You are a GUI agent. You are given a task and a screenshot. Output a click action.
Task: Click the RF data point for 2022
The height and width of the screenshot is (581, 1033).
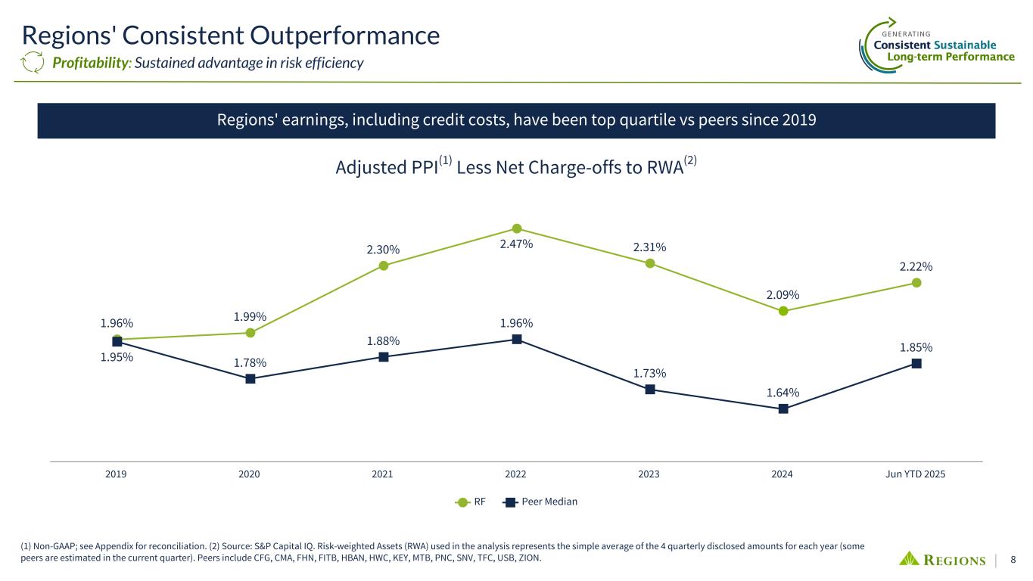(517, 228)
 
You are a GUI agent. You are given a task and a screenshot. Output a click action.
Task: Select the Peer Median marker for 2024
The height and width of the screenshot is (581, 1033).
(783, 409)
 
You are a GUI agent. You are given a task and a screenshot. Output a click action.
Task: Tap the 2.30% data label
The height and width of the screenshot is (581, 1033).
(384, 250)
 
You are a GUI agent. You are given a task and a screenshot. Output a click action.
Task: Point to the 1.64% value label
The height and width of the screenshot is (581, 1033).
(783, 392)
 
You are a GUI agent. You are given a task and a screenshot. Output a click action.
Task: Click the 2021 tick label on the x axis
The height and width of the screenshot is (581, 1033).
(382, 474)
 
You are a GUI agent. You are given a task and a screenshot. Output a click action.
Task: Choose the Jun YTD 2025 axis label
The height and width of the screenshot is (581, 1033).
(916, 474)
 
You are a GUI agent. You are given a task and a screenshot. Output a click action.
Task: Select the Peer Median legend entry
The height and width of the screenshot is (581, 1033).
(542, 502)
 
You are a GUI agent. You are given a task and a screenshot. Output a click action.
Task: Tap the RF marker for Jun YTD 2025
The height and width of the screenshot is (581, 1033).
(916, 283)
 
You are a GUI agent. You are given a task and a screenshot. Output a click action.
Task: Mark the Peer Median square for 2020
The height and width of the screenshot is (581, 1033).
(250, 379)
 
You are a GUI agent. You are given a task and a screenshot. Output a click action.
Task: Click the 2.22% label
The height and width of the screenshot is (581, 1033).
(916, 266)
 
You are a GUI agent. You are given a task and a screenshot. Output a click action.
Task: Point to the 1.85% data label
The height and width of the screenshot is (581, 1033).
(916, 347)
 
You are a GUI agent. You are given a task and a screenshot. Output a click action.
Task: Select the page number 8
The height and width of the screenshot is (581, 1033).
(1013, 561)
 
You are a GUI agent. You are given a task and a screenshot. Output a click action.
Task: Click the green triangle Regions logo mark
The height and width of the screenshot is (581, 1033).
(909, 559)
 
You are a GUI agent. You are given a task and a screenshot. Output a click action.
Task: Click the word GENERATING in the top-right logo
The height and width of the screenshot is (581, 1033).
(907, 33)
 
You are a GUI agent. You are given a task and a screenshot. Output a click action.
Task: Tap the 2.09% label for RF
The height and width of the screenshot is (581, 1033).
(783, 294)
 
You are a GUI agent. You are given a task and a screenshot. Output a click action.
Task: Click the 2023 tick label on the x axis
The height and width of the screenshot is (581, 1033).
(649, 474)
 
